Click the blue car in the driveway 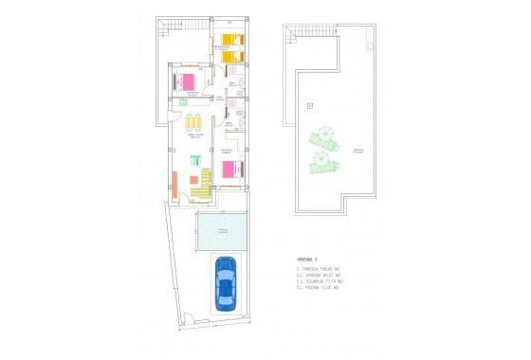(x=226, y=283)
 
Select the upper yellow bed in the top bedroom (x=230, y=41)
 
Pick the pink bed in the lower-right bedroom (x=230, y=170)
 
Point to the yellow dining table (x=194, y=123)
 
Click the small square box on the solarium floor (x=309, y=105)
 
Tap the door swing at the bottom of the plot (x=191, y=319)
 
